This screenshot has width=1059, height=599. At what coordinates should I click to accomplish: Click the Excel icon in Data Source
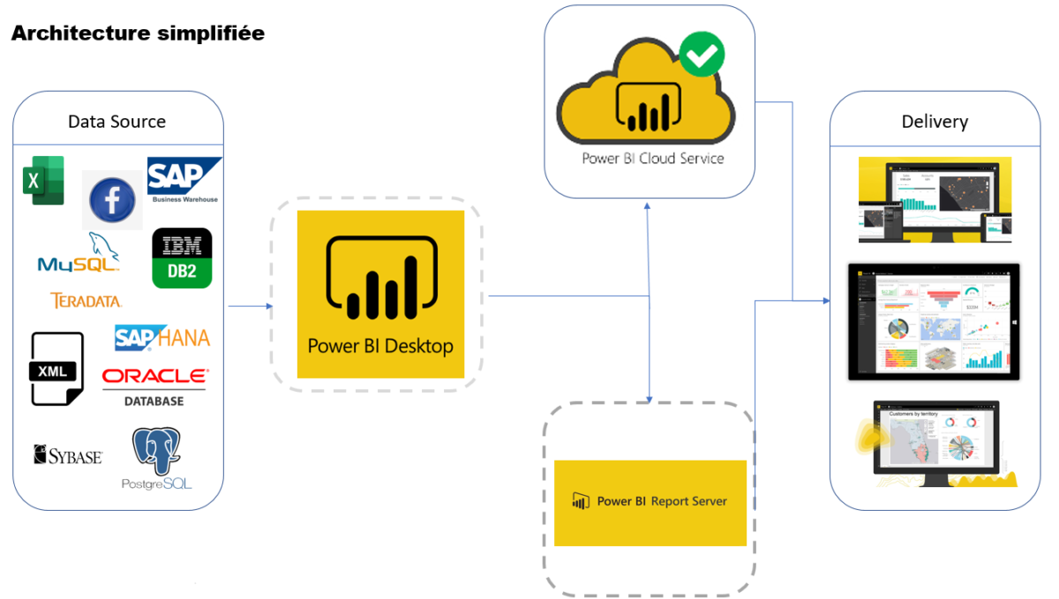[x=42, y=180]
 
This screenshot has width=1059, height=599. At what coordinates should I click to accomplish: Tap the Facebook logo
[x=112, y=200]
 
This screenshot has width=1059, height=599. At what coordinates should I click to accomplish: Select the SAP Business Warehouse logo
[x=184, y=180]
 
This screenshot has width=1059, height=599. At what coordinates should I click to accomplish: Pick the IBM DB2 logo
[x=182, y=258]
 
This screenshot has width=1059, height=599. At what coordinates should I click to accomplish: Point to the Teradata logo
[x=86, y=301]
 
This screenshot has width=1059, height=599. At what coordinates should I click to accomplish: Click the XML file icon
[x=57, y=369]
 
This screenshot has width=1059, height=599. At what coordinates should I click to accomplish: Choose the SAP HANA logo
[x=162, y=337]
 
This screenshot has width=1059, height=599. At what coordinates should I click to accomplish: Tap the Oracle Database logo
[x=155, y=386]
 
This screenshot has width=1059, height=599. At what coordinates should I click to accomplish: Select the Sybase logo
[x=68, y=455]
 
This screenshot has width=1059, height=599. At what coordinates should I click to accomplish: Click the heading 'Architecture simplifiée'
[x=138, y=34]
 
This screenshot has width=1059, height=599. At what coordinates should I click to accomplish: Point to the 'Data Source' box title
[x=116, y=122]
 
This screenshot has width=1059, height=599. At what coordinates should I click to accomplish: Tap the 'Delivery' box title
[x=935, y=122]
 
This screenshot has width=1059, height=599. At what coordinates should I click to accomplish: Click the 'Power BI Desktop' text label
[x=380, y=346]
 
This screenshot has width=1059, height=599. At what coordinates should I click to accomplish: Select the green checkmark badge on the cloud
[x=702, y=55]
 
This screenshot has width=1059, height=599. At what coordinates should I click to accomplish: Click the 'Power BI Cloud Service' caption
[x=653, y=159]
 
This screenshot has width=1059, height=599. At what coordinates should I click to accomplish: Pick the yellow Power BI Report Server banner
[x=650, y=502]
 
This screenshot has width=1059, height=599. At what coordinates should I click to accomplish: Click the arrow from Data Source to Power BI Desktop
[x=251, y=307]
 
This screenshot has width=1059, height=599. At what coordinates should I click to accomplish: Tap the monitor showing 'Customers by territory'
[x=935, y=441]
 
